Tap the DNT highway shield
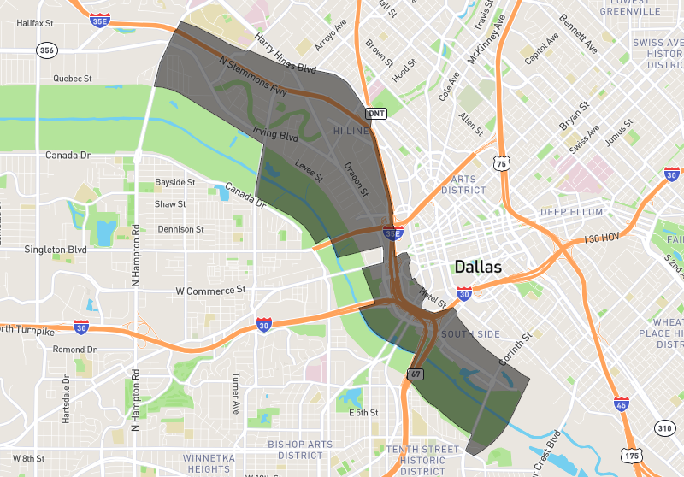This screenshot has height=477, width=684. tap(375, 113)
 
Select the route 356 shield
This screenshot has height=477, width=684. tap(47, 51)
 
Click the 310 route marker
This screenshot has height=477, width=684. tap(664, 427)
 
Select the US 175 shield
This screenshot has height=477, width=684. tap(632, 456)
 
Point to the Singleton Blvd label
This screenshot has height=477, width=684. tap(55, 250)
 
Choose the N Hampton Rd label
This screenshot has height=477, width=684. tap(135, 254)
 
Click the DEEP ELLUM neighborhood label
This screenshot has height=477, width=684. tap(571, 212)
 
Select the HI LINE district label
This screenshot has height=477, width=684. tap(351, 132)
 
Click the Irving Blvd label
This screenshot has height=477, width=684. tap(275, 135)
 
